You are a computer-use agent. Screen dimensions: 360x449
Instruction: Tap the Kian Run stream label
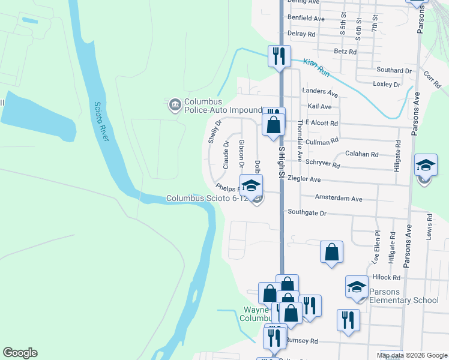pyautogui.click(x=316, y=67)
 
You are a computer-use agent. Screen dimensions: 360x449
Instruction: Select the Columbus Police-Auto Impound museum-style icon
pyautogui.click(x=175, y=106)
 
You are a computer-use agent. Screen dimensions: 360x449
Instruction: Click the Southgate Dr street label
pyautogui.click(x=306, y=213)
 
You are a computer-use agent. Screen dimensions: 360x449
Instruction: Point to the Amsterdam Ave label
pyautogui.click(x=339, y=198)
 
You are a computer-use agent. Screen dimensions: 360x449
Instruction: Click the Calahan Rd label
pyautogui.click(x=361, y=154)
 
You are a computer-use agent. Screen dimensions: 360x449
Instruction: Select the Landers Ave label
pyautogui.click(x=321, y=92)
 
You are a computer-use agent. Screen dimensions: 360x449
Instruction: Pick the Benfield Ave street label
pyautogui.click(x=306, y=19)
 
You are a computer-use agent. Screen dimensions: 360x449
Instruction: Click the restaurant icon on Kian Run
pyautogui.click(x=279, y=56)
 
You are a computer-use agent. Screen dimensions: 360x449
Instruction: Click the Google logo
pyautogui.click(x=20, y=353)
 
